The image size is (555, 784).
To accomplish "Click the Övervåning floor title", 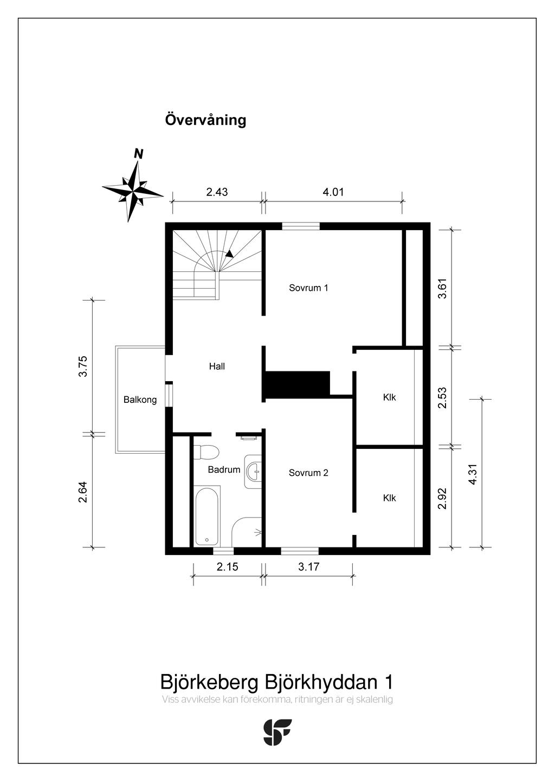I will point(205,120).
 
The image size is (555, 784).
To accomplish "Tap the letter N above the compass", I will point(139,154).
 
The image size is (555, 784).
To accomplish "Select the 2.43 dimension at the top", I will point(217,192).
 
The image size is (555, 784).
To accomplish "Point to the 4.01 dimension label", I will point(333,192).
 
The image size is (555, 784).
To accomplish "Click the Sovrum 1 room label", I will point(308,288).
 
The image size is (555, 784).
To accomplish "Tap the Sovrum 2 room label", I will point(308,473).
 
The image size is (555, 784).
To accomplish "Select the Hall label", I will point(217,367).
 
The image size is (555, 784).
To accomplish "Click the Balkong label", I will point(140,400).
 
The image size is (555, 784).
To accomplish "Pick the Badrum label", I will point(224,469).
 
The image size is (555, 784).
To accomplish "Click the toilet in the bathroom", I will point(206,452).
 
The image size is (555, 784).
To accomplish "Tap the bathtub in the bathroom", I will point(206,516).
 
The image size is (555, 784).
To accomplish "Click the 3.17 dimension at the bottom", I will point(309,567).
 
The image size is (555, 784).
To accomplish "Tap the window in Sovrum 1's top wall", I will point(301,226).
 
